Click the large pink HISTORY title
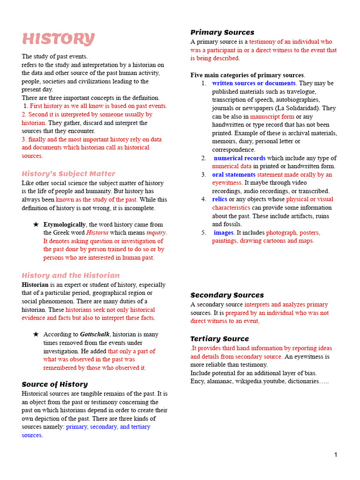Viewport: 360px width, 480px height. [x=58, y=39]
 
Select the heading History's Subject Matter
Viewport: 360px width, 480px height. [x=68, y=173]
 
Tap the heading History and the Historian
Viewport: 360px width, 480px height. [x=70, y=275]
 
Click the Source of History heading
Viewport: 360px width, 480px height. [x=54, y=384]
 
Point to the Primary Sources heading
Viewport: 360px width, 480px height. [x=222, y=32]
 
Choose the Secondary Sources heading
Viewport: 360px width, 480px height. [x=227, y=295]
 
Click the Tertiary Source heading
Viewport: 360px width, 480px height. [x=219, y=339]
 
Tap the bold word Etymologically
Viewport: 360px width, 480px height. [x=65, y=225]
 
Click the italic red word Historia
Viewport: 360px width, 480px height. [x=97, y=233]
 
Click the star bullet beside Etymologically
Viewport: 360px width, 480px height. [x=36, y=225]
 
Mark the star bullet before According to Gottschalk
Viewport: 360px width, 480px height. [x=36, y=335]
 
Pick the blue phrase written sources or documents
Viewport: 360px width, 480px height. [x=254, y=83]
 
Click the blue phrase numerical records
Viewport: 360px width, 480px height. [x=240, y=158]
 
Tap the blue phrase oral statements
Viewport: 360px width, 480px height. [x=233, y=175]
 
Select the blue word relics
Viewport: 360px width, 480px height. [x=219, y=199]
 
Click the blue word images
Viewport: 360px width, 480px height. [x=224, y=232]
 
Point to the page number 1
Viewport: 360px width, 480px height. [x=336, y=455]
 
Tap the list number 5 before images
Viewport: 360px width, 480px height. [x=204, y=232]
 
